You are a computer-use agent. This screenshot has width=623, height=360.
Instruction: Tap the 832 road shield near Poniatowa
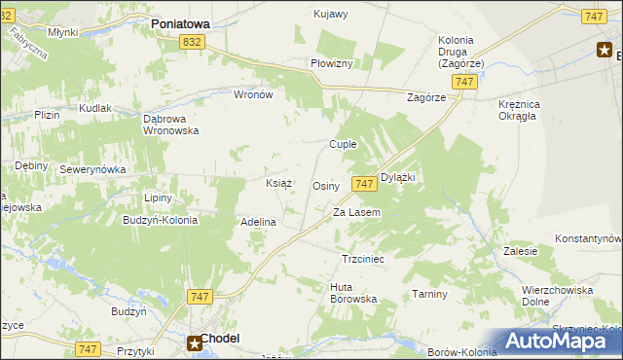tap(192, 41)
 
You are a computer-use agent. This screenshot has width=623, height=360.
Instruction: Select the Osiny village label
tap(325, 186)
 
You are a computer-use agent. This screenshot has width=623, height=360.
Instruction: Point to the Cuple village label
tap(343, 144)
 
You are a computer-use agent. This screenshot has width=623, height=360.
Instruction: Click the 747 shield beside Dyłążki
tap(364, 184)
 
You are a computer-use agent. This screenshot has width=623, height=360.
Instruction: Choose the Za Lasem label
tap(356, 212)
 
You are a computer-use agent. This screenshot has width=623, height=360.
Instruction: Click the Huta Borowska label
tap(353, 293)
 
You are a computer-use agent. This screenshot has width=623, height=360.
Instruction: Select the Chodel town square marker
tap(195, 342)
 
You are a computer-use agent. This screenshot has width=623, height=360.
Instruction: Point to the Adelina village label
tap(259, 222)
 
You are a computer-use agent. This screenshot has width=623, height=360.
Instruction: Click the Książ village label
tap(280, 182)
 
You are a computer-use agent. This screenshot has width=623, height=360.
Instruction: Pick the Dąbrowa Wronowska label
tap(170, 124)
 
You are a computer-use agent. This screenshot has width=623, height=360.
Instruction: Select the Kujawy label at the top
tap(331, 14)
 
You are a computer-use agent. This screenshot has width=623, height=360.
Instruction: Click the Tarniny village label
tap(428, 294)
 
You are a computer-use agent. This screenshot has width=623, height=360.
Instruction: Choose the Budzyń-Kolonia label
tap(160, 220)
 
